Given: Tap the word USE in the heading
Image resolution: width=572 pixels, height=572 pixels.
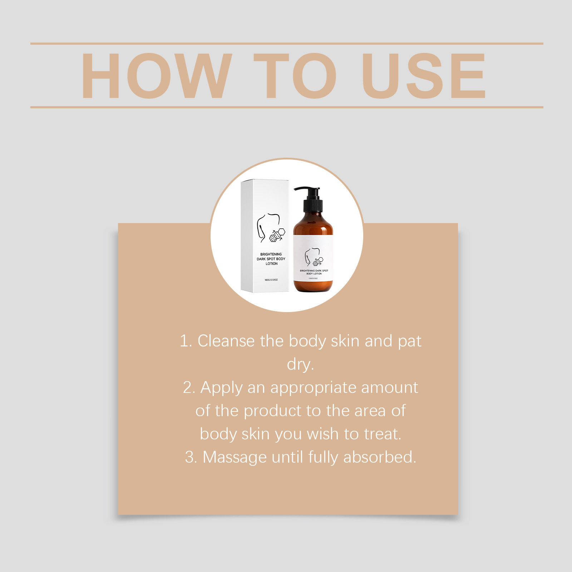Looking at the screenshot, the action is coord(424,75).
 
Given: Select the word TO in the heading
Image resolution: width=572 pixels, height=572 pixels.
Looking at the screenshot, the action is coord(295,75).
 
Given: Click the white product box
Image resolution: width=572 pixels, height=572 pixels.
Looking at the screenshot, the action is coord(265,236).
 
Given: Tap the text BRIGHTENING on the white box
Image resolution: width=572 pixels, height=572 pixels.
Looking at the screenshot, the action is coord(271,254).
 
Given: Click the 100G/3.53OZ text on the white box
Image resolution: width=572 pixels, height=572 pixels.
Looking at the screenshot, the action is coord(271,280).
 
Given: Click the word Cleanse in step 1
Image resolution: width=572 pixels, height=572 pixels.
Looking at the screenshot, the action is coord(226,341).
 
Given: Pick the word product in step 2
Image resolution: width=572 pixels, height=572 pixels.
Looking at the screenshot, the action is coord(272,411).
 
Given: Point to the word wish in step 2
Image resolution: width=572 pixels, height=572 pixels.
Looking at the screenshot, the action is coord(322,434).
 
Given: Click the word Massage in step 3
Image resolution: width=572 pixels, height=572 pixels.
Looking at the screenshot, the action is coord(235,458).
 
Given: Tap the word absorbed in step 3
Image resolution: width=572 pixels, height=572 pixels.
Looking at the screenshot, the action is coord(378,457).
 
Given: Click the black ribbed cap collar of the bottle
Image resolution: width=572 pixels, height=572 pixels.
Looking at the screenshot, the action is coord(313,206).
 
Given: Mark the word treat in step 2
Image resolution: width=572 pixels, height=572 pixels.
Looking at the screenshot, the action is coord(381,434).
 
